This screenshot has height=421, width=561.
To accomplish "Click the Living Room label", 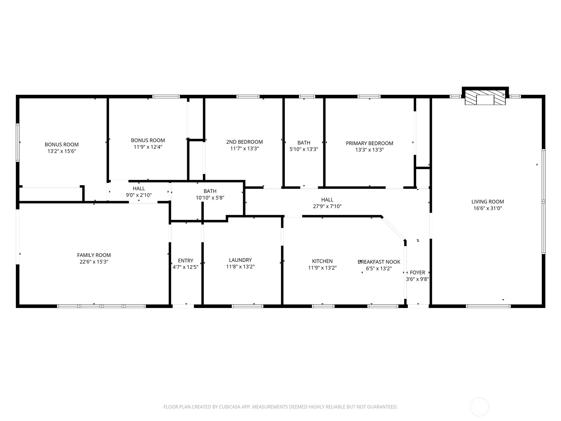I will (x=487, y=201).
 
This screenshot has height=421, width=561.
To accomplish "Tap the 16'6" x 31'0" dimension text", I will (x=487, y=208).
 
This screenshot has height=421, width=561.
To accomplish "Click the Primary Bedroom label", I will (x=369, y=143).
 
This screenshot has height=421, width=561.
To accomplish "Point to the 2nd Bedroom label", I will (x=244, y=142).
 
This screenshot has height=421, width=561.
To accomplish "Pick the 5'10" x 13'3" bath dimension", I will (x=304, y=149).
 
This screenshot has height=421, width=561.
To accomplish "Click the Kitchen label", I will (x=322, y=261).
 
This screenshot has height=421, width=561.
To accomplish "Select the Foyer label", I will (x=417, y=272).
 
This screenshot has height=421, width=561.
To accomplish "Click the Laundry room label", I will (x=240, y=260).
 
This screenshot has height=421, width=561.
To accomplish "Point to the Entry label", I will (x=185, y=260).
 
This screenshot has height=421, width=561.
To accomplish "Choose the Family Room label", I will (x=94, y=255).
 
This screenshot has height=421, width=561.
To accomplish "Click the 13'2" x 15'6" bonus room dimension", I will (x=62, y=151).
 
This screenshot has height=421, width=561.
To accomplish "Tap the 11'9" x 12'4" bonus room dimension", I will (x=148, y=147).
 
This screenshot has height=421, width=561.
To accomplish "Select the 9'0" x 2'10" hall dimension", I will (x=139, y=195).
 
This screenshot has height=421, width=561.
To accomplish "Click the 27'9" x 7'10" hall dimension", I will (x=327, y=206).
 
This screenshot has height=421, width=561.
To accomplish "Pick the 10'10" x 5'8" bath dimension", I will (x=210, y=198).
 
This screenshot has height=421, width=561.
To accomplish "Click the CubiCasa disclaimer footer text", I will (x=280, y=407).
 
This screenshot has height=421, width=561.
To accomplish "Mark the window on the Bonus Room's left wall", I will (x=18, y=142).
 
